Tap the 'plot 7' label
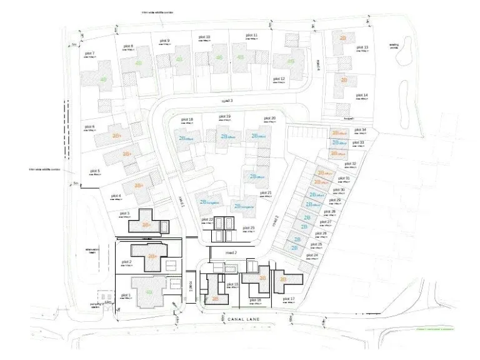click(89, 54)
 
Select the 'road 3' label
click(227, 101)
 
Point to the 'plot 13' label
click(362, 47)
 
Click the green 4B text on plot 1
click(149, 291)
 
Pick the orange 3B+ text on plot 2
click(152, 256)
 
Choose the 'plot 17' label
click(288, 299)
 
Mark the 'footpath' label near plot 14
click(349, 117)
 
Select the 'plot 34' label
click(360, 131)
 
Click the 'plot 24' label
click(312, 256)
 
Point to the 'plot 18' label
click(186, 119)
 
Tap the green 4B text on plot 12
click(291, 61)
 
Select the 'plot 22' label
click(207, 220)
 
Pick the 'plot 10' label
click(204, 37)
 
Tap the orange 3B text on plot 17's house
click(282, 279)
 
